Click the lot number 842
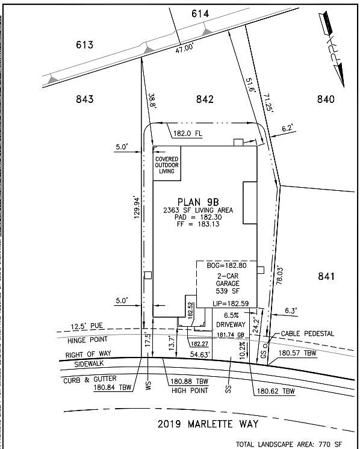pos(205,99)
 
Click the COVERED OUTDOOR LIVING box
pos(166,162)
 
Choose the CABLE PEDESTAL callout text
pos(307,333)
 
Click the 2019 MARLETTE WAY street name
pos(208,424)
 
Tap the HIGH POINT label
pos(189,390)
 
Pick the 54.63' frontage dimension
pos(202,355)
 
